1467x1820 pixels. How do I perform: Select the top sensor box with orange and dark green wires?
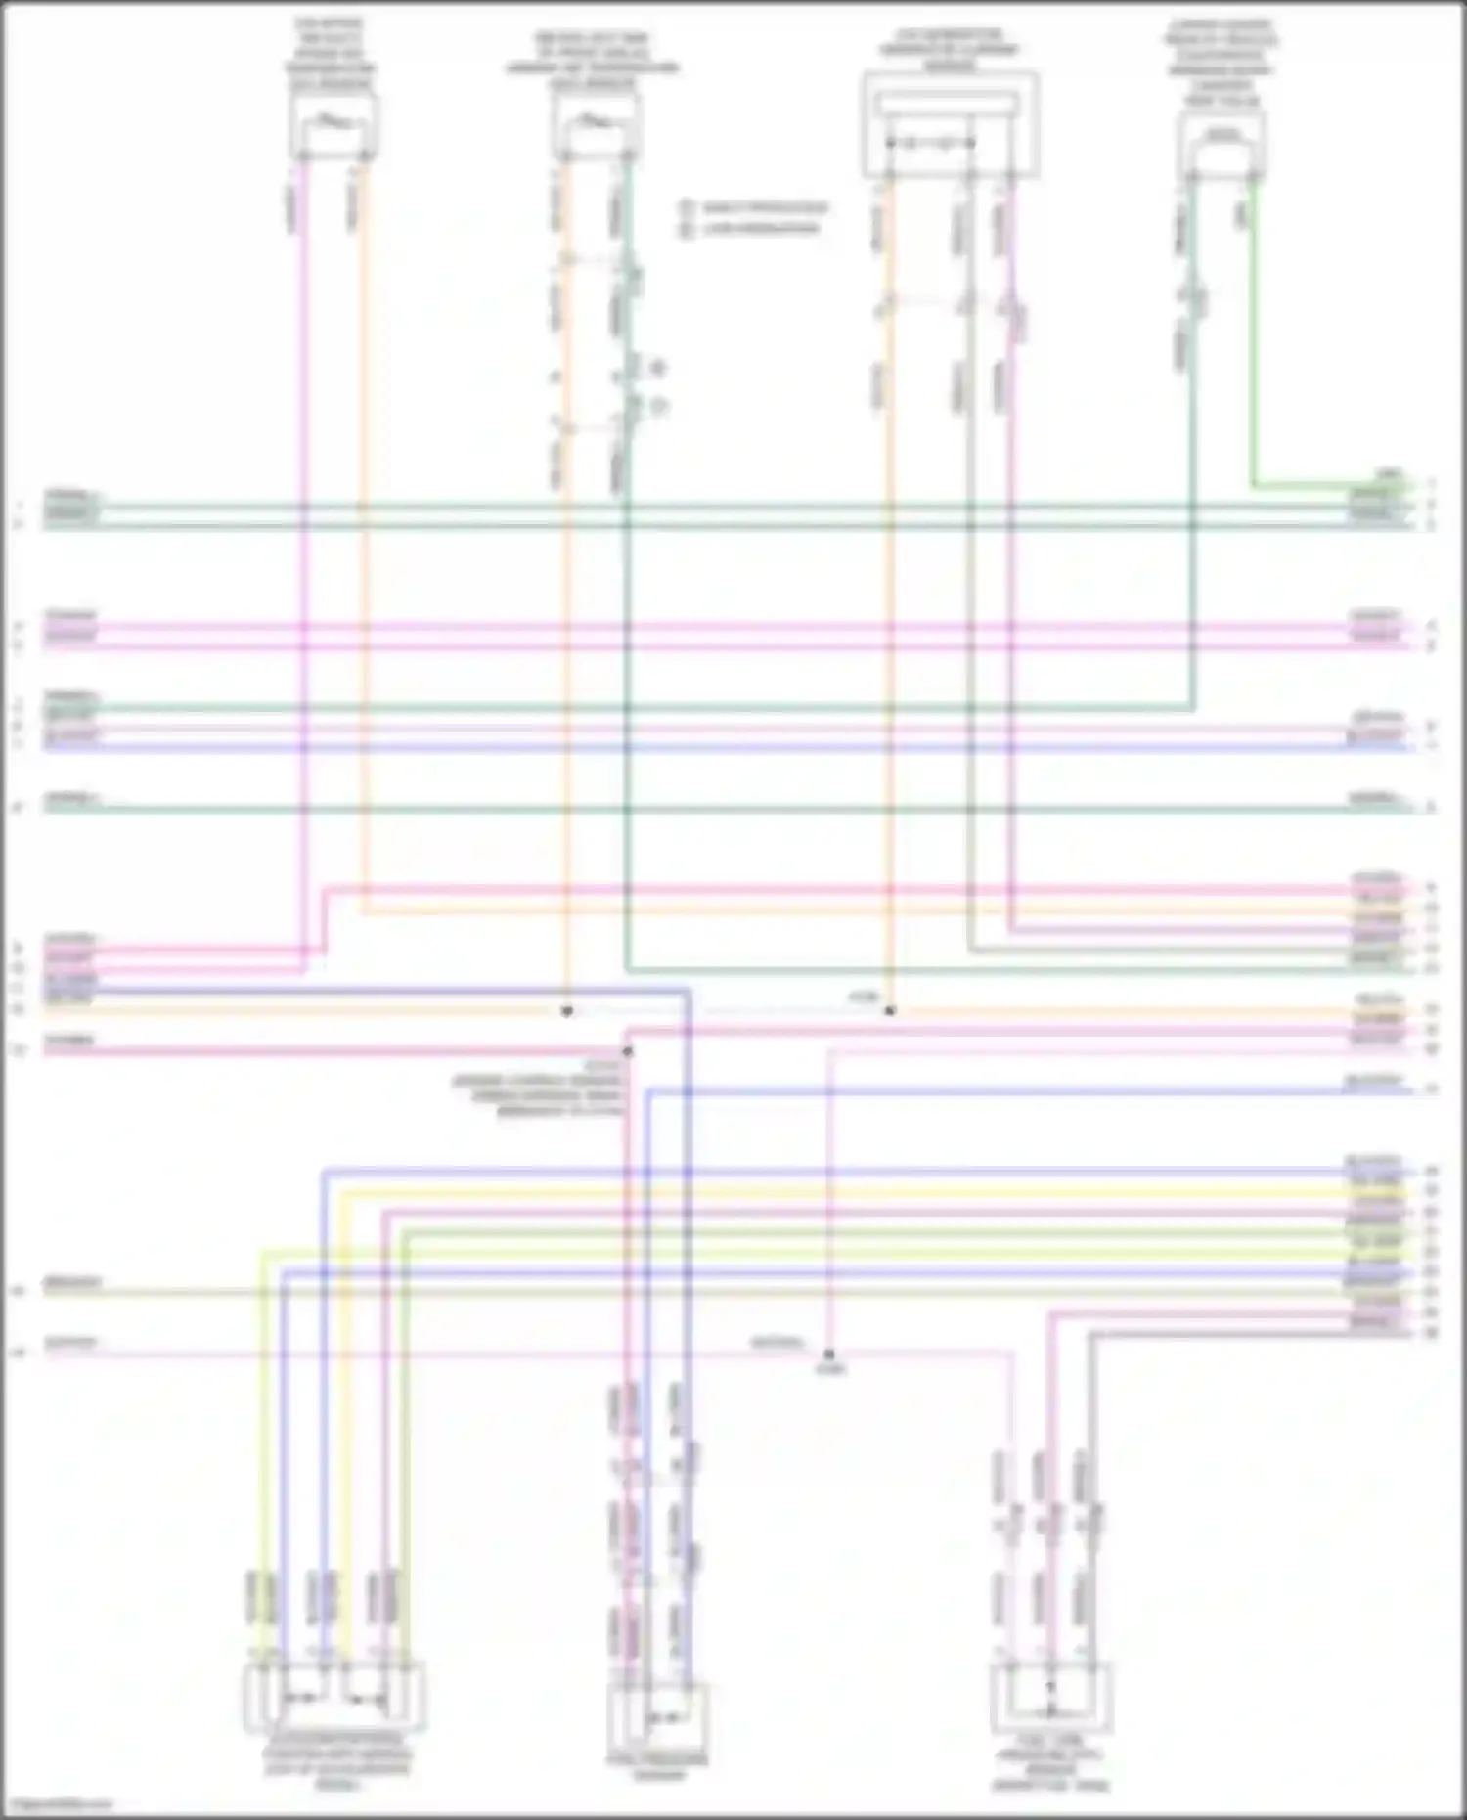pos(596,131)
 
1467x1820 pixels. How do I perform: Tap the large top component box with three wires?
pos(950,125)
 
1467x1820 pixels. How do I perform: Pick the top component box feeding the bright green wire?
pos(1222,146)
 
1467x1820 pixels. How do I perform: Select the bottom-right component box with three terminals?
pos(1051,1697)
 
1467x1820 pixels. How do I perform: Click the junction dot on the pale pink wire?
pos(828,1355)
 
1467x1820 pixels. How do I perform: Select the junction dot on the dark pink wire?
pos(628,1052)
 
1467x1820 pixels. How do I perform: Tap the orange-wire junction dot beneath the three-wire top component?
pos(890,1010)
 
